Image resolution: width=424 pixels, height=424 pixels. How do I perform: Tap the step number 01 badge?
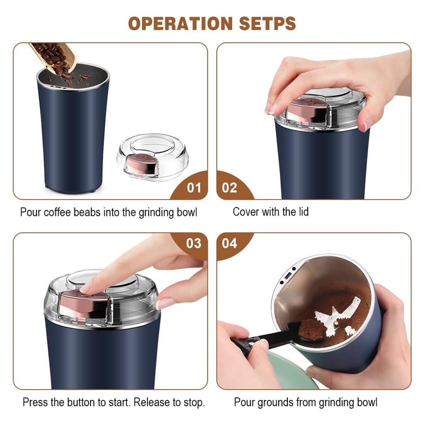tap(194, 188)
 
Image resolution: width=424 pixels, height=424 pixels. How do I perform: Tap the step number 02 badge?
tap(229, 188)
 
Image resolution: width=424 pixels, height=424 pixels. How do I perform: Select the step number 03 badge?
tap(194, 243)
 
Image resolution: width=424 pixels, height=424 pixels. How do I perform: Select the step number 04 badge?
tap(229, 243)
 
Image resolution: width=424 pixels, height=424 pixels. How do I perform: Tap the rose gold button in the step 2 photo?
tap(306, 108)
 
